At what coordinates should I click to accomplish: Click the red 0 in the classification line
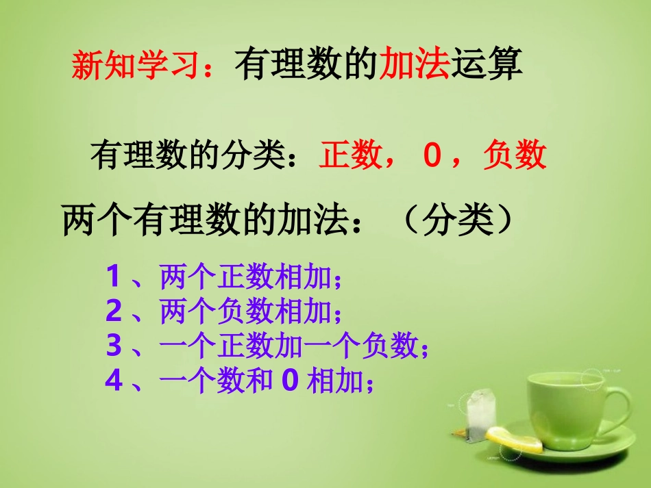coord(431,155)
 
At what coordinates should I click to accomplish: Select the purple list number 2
coord(114,312)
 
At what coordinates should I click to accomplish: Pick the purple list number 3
coord(114,347)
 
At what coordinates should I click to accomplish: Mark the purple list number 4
coord(114,381)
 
